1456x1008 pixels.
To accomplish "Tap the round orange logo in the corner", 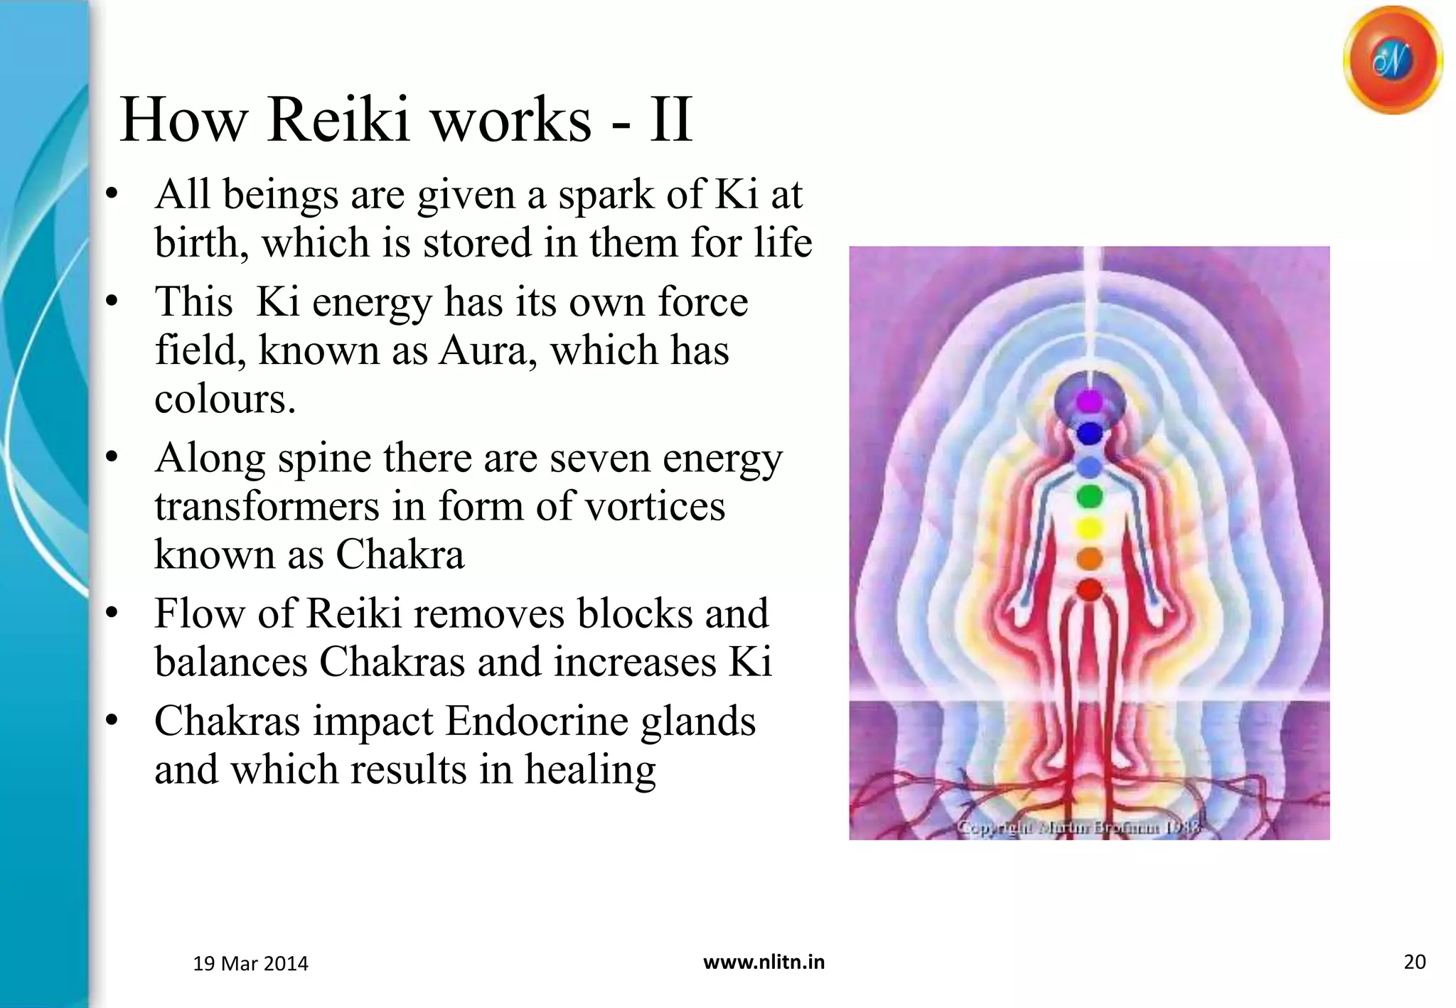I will tap(1392, 61).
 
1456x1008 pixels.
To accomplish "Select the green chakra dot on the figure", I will tap(1089, 496).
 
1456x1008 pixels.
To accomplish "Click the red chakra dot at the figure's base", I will tap(1089, 589).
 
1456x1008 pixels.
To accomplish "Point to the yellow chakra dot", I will tap(1089, 528).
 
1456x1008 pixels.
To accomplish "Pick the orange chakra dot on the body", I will tap(1089, 559).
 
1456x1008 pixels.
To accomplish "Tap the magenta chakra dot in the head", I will tap(1089, 402).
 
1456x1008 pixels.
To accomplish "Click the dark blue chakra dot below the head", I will tap(1089, 433).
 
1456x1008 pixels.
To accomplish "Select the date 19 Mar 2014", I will tap(250, 964).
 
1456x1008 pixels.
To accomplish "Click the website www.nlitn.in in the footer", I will tap(764, 963).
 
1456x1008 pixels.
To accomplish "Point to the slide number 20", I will tap(1414, 963).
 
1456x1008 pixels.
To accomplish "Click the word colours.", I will tap(224, 399).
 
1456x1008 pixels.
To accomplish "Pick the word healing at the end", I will tap(589, 771).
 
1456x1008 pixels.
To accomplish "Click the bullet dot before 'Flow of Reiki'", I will tap(112, 613).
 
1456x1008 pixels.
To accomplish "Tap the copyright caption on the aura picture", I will tap(1078, 827).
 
